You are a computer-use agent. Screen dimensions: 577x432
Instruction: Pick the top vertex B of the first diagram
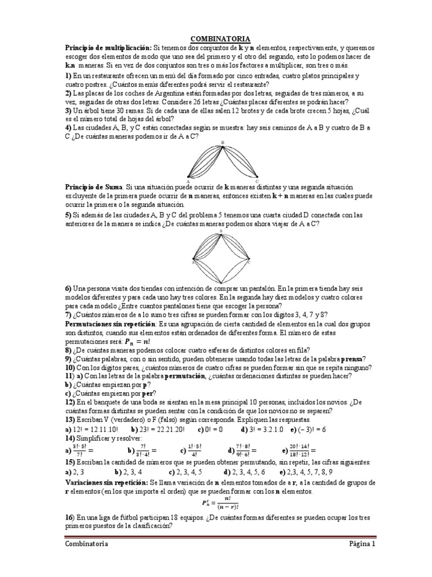coord(223,143)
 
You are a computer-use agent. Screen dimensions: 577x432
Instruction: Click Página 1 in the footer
coord(356,544)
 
